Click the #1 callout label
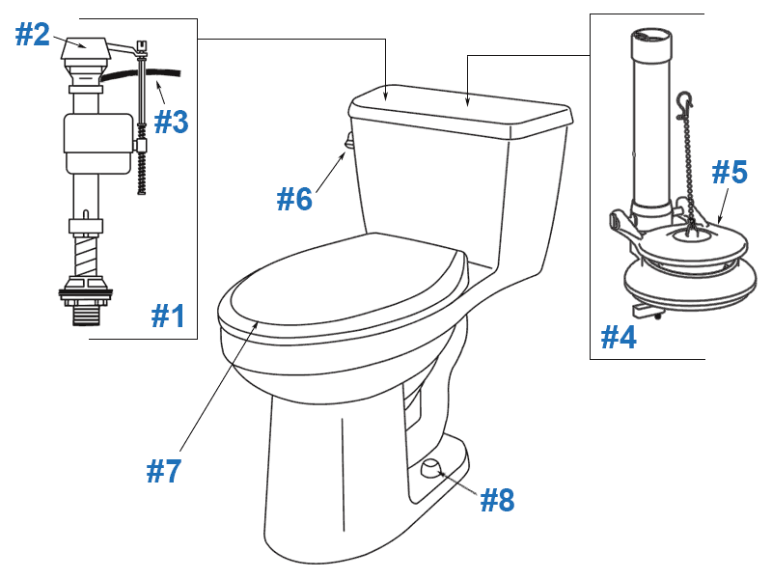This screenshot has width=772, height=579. pyautogui.click(x=168, y=316)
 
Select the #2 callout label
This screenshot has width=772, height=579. pyautogui.click(x=32, y=34)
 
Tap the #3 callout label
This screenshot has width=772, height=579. pyautogui.click(x=171, y=123)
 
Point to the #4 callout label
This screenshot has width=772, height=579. pyautogui.click(x=619, y=337)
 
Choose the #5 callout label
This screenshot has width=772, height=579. pyautogui.click(x=730, y=172)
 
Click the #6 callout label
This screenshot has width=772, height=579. pyautogui.click(x=294, y=199)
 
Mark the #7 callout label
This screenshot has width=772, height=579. pyautogui.click(x=164, y=471)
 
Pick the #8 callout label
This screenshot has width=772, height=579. pyautogui.click(x=497, y=500)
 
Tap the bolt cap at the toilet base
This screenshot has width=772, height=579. pyautogui.click(x=430, y=468)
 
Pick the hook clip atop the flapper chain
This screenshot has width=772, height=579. pyautogui.click(x=684, y=101)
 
